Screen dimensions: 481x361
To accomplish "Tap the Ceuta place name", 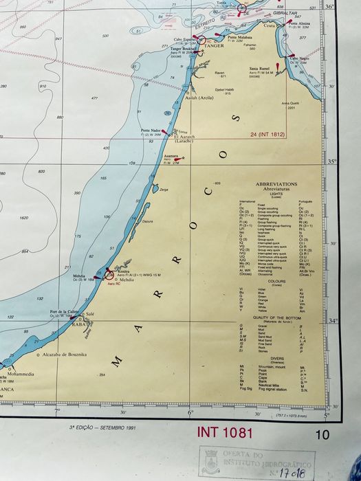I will [x=269, y=26].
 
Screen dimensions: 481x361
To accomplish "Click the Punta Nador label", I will [x=151, y=130].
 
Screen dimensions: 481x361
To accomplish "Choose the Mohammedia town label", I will [x=20, y=374].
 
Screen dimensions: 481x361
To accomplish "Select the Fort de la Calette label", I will [x=63, y=311].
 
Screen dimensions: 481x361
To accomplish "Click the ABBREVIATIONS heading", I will [x=276, y=184].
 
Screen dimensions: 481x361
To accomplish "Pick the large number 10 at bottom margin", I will [x=322, y=434].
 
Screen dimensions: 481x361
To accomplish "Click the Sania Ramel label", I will [x=259, y=69].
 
